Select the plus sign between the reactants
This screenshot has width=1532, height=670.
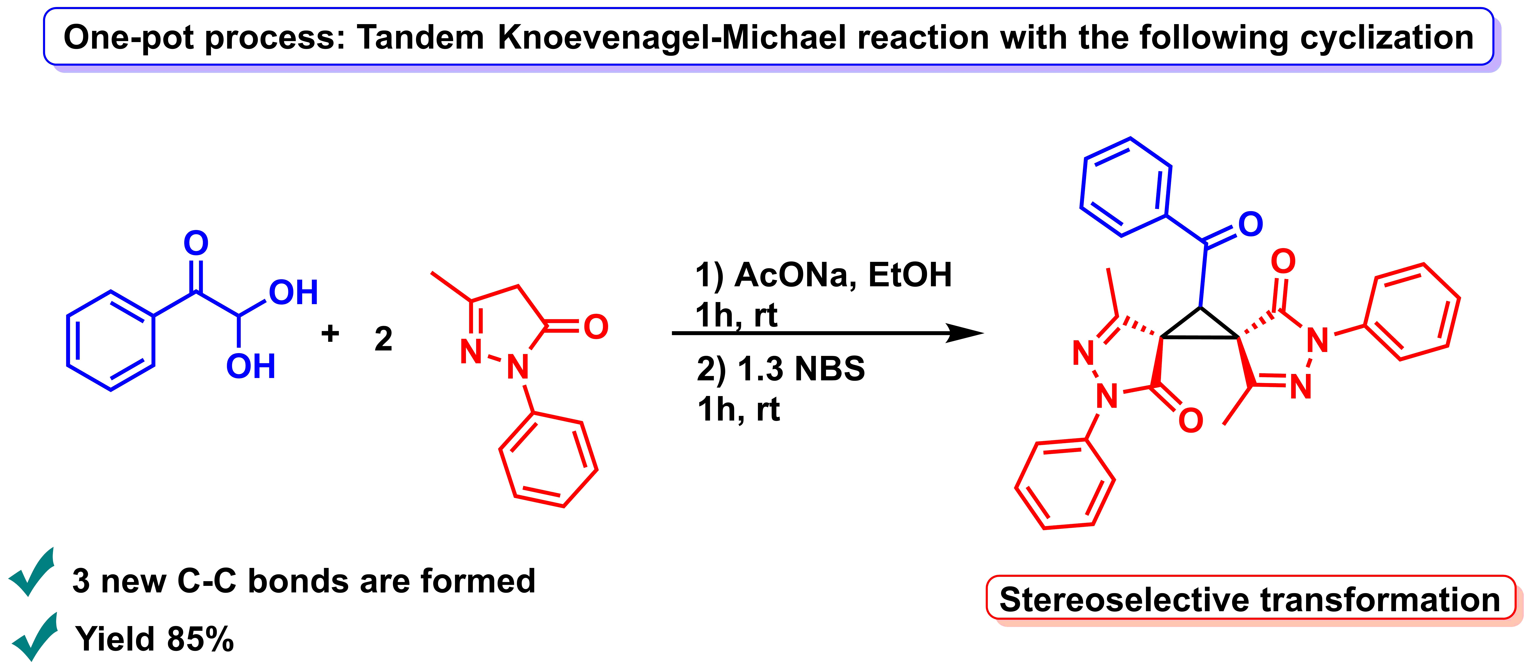[x=330, y=333]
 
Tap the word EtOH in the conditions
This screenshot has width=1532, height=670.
[x=910, y=275]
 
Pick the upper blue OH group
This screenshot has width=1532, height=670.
[x=293, y=292]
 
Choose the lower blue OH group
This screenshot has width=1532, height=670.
[x=250, y=366]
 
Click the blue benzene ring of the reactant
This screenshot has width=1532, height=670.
[x=111, y=341]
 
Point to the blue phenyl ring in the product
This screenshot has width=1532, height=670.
[x=1126, y=187]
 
